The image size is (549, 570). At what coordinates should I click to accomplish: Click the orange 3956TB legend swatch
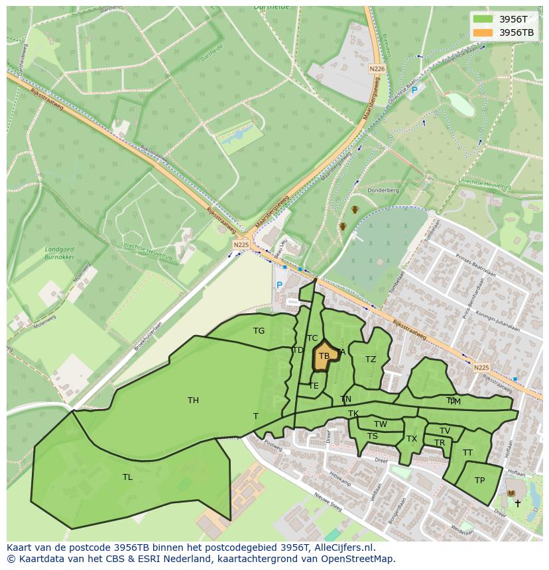click(483, 32)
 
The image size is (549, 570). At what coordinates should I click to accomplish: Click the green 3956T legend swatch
click(483, 19)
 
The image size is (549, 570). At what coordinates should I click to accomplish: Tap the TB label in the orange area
click(324, 356)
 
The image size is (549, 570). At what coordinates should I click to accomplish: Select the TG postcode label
click(259, 331)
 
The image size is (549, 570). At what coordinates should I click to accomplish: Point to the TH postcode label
click(193, 400)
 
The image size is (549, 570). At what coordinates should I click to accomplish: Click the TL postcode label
click(127, 477)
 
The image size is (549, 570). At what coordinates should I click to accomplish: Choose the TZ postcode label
click(371, 359)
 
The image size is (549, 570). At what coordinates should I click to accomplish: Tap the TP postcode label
click(479, 481)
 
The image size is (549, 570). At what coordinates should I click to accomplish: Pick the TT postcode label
click(467, 453)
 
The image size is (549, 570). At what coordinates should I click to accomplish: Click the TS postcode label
click(373, 436)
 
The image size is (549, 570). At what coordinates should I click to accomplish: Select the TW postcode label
click(381, 424)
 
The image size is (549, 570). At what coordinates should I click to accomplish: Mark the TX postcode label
click(412, 439)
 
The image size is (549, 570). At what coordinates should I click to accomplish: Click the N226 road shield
click(377, 69)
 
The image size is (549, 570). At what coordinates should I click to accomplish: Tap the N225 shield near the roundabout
click(241, 244)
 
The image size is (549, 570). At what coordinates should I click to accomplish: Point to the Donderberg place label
click(384, 190)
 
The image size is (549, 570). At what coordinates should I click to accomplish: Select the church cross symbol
click(518, 504)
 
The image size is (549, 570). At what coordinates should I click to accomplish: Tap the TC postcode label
click(312, 338)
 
